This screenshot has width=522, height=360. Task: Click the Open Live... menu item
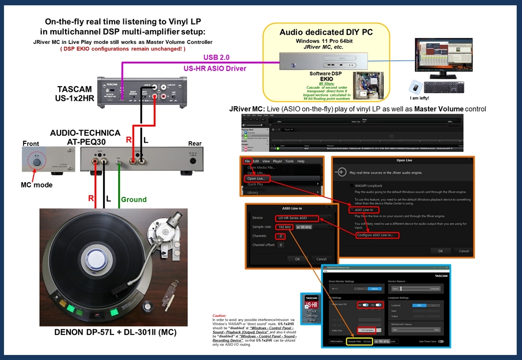point(256,178)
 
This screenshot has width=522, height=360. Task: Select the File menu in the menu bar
point(247,161)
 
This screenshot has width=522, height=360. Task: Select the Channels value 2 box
point(280,236)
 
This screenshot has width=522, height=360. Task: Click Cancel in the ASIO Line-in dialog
point(319,259)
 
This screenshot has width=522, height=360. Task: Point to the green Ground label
point(133,199)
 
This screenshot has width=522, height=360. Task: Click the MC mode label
point(36,185)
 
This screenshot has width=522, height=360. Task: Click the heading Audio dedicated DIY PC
point(326,32)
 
